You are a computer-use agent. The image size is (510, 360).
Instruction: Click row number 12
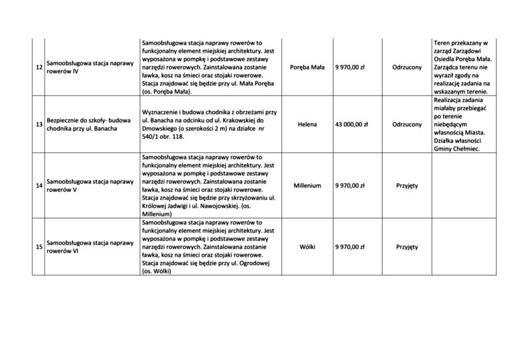[39, 67]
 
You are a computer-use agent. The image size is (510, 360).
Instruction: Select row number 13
[39, 124]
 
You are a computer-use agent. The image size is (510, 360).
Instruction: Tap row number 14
[39, 186]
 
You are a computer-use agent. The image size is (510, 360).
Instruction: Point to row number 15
[39, 246]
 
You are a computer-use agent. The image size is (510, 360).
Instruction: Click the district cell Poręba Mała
[307, 67]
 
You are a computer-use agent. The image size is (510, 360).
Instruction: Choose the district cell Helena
[307, 124]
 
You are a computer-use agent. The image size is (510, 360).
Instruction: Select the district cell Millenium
[307, 186]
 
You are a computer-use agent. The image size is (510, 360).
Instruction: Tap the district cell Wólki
[307, 246]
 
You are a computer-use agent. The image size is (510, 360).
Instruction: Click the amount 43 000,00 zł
[351, 124]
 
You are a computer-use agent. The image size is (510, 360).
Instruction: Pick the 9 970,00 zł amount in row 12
[351, 67]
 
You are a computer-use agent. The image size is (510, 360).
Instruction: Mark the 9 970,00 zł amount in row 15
[351, 246]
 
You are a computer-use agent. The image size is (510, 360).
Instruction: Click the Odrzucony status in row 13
[407, 124]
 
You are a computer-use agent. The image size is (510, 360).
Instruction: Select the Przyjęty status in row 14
[407, 186]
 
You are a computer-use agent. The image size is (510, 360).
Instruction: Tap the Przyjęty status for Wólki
[407, 246]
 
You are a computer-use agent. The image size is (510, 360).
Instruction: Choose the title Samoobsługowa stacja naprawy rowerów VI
[89, 246]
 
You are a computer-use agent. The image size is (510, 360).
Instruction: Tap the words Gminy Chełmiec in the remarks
[456, 149]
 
